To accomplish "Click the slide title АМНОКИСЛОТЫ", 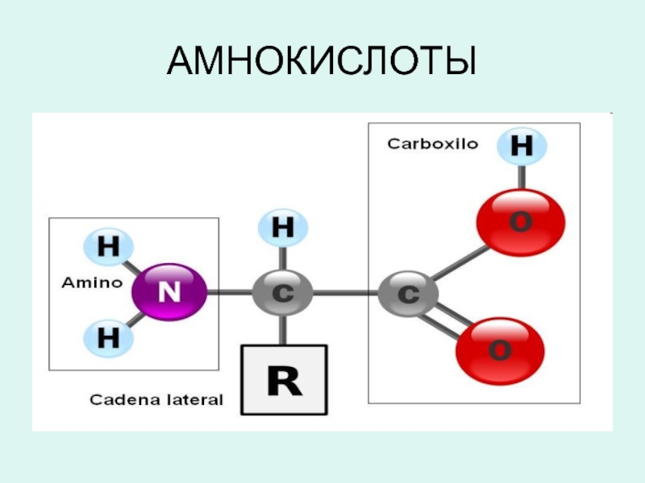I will coord(322,61).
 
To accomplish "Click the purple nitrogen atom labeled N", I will coord(169,292).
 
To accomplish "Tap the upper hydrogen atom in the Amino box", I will coord(106,247).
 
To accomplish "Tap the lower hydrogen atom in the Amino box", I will coord(106,337).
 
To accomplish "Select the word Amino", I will coord(92,283).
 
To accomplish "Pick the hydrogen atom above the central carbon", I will coord(282,228).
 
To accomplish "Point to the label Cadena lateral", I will coord(156,399).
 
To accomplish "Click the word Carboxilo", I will coord(432,144).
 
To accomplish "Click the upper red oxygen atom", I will coord(520,221).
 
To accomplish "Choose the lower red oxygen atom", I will coord(500,352).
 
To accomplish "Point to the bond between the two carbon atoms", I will coord(344,293).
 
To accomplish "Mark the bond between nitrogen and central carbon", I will coord(231,293).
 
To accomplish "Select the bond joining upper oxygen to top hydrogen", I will coord(522,177).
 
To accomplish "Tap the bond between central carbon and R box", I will coord(282,329).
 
